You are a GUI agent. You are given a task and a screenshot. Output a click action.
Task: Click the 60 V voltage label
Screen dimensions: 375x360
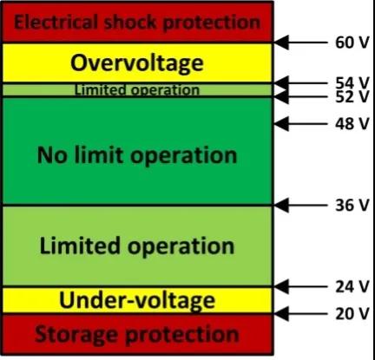(352, 43)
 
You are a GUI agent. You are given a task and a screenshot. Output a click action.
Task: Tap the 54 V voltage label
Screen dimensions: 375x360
(352, 82)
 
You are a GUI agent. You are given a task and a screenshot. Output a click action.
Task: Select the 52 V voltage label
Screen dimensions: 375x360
(352, 96)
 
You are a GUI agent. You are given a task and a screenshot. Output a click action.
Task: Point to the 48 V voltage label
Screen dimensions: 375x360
(352, 124)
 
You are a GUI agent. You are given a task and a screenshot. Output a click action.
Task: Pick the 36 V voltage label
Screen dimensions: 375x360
(352, 206)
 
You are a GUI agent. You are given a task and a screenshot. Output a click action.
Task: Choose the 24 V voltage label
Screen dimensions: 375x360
(352, 286)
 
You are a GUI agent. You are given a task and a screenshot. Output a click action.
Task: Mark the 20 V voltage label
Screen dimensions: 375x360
(352, 314)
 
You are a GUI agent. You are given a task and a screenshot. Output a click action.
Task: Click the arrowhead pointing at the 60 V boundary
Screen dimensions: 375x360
(281, 43)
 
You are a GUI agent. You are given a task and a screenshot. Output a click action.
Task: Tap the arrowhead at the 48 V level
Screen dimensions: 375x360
(281, 124)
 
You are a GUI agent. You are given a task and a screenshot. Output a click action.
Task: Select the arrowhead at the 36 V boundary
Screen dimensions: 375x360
(281, 206)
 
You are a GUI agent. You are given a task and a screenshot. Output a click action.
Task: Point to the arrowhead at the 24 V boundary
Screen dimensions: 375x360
(281, 286)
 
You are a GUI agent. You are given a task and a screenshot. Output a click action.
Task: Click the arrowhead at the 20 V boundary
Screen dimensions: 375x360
(281, 314)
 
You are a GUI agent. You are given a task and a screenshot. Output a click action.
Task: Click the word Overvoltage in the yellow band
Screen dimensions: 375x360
(137, 63)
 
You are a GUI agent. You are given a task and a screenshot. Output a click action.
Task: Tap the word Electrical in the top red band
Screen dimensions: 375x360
(56, 23)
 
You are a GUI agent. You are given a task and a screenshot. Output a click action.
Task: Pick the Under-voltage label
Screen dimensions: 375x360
(137, 301)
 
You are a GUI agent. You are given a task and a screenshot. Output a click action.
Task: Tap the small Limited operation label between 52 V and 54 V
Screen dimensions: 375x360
(137, 90)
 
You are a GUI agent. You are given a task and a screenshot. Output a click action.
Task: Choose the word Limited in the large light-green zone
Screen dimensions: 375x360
(80, 245)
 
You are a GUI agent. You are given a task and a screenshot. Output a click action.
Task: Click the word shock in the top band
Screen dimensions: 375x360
(131, 23)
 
